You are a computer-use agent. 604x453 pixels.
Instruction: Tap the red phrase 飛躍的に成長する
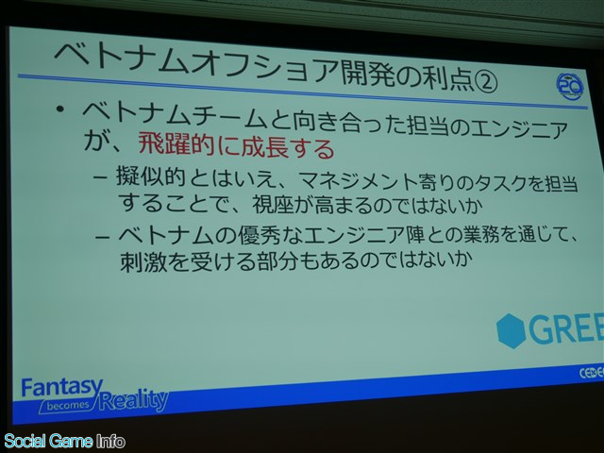[x=236, y=147]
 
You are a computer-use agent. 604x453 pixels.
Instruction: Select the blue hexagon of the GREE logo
[x=512, y=331]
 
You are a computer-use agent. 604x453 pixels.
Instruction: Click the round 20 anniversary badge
[x=570, y=87]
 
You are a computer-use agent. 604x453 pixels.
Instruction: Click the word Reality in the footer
[x=133, y=400]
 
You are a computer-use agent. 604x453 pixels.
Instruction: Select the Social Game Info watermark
[x=64, y=442]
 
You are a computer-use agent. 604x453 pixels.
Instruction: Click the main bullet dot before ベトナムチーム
[x=60, y=110]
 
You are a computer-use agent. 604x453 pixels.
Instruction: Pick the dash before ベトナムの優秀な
[x=102, y=236]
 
